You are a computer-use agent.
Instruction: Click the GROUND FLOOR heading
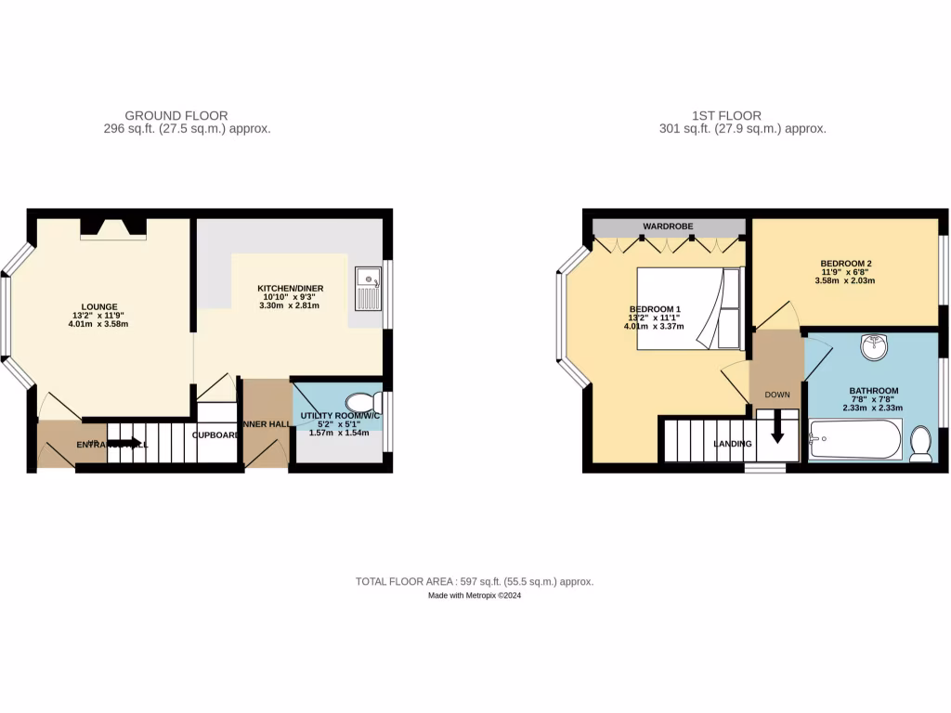coord(176,116)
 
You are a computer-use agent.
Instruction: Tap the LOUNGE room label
coord(98,306)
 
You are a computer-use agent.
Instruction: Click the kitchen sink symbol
coord(369,289)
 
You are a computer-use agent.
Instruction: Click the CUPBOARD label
coord(217,434)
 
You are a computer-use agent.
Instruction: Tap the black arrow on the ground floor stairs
coord(124,444)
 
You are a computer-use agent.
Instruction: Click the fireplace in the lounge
coord(112,228)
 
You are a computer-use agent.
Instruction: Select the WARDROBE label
coord(669,226)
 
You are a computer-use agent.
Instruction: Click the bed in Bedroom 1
coord(689,308)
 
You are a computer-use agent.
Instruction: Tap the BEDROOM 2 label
coord(845,263)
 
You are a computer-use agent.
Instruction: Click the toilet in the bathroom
coord(920,444)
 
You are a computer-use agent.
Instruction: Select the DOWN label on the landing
coord(777,395)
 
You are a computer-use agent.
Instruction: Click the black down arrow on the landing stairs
coord(776,430)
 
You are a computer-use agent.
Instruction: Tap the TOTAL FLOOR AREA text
coord(475,581)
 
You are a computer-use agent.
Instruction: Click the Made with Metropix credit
coord(475,596)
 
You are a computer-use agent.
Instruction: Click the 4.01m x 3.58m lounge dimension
coord(98,324)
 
